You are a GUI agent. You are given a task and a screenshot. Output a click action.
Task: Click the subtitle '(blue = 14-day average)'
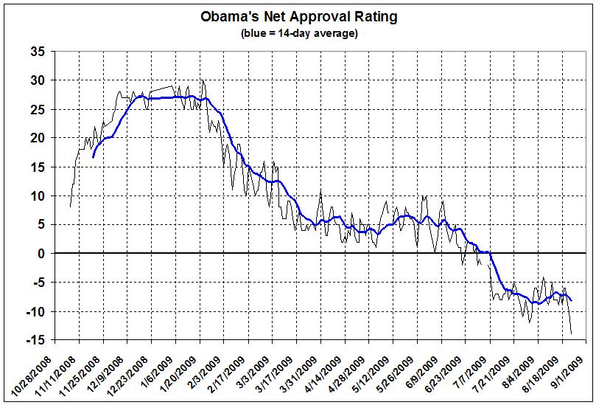(298, 33)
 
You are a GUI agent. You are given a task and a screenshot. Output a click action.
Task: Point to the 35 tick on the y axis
(38, 52)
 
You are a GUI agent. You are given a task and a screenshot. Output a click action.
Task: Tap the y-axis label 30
(38, 80)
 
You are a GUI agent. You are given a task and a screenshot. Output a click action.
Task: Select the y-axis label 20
(38, 138)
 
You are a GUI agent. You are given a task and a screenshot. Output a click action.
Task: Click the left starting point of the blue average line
(93, 157)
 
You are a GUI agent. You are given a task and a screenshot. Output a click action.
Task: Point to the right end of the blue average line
(572, 300)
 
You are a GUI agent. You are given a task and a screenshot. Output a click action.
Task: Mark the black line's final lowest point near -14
(572, 333)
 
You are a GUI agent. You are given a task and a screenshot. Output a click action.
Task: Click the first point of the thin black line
(70, 207)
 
